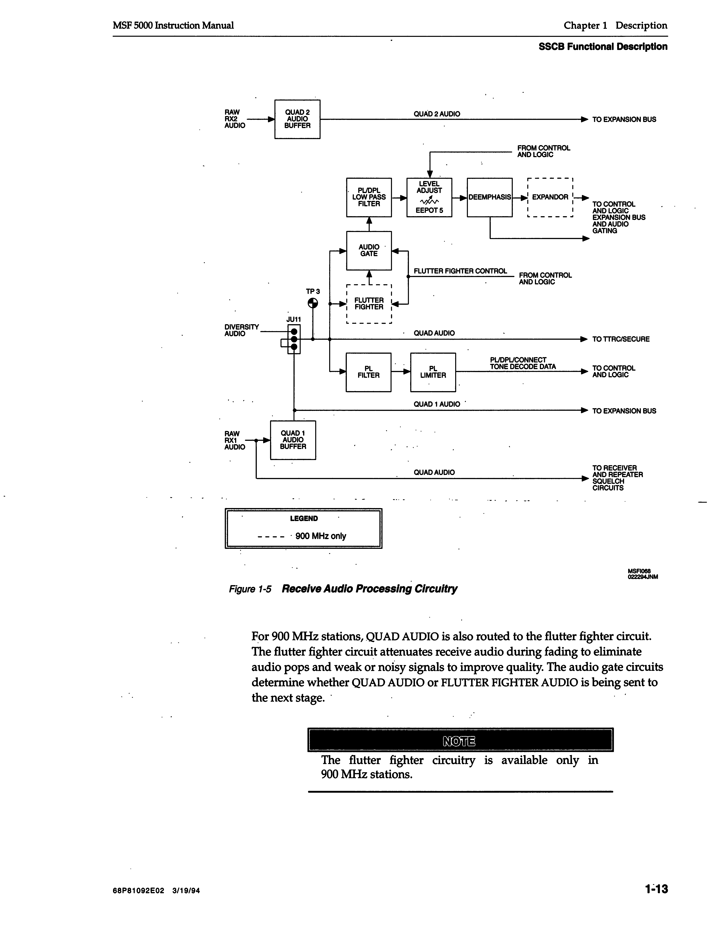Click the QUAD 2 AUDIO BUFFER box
click(297, 119)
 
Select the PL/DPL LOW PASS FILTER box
click(369, 197)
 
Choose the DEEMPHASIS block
click(489, 197)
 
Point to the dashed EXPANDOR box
click(550, 197)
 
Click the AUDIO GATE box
click(369, 250)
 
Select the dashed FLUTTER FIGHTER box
click(369, 304)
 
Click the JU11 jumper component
click(294, 339)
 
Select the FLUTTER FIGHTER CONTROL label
click(460, 271)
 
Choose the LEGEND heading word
click(304, 518)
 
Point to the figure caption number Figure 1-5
click(250, 589)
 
